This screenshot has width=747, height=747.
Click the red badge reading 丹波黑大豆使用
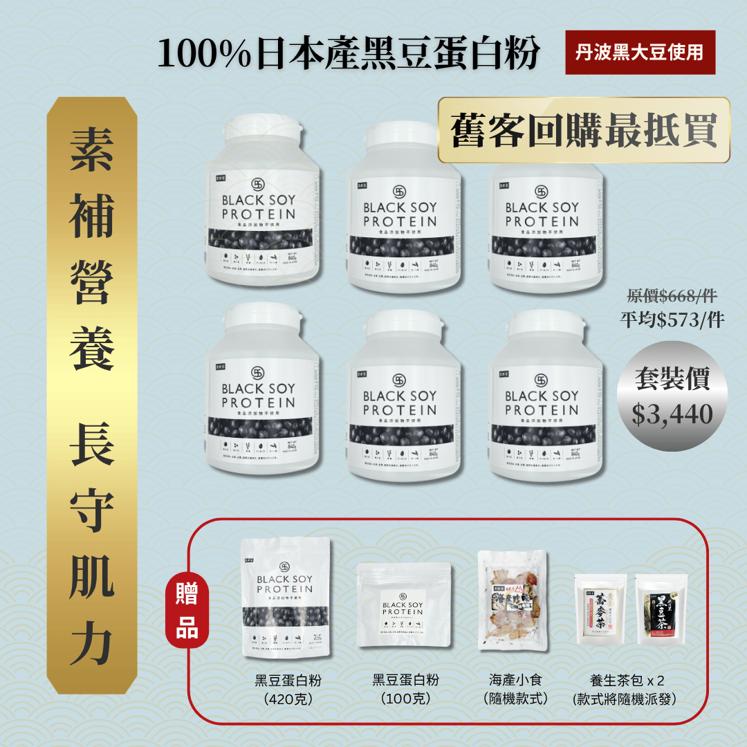point(640,52)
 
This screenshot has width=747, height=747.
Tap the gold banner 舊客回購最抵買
point(584,130)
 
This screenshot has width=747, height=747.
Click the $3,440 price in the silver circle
point(672,413)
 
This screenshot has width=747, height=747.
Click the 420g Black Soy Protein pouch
point(284,600)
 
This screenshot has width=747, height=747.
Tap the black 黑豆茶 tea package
point(657,609)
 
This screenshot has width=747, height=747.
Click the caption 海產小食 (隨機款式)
point(516,689)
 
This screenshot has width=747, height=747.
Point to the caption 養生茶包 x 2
point(627,680)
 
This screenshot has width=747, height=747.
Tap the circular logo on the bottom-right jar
point(541,380)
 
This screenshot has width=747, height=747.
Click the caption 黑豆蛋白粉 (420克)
point(288,689)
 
